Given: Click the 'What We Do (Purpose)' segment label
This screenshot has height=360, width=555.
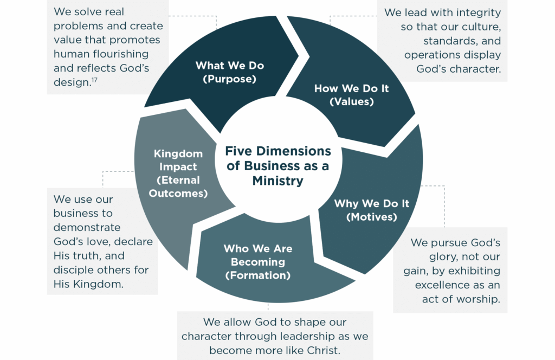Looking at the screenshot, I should click(x=229, y=72).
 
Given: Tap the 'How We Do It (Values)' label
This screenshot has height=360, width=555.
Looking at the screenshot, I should click(x=351, y=95).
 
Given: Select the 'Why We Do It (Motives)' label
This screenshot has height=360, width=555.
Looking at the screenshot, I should click(x=371, y=210).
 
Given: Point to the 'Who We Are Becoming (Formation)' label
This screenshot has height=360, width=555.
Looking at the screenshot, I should click(x=257, y=262).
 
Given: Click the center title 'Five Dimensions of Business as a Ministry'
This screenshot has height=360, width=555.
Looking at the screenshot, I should click(x=277, y=166).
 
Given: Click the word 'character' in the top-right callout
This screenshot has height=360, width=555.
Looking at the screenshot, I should click(x=473, y=69).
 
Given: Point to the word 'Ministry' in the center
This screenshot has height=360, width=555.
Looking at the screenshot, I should click(x=277, y=181).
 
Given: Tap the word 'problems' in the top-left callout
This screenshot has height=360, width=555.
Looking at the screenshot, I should click(x=79, y=26).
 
